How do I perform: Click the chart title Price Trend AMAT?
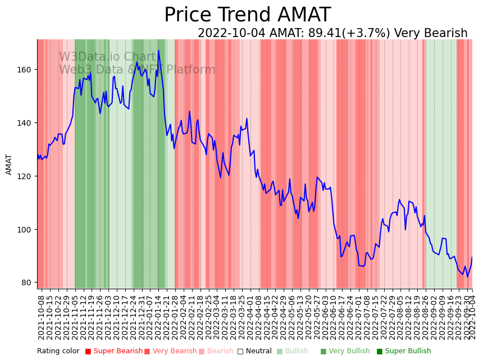click(x=247, y=15)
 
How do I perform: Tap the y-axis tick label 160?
click(x=25, y=70)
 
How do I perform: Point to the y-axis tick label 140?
click(x=25, y=123)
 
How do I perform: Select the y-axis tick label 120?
click(x=25, y=176)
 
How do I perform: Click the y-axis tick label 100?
click(x=25, y=230)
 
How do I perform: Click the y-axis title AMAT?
click(x=9, y=164)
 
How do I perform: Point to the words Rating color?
click(x=58, y=352)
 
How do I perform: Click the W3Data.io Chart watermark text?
click(x=107, y=57)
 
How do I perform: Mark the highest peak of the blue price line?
click(x=158, y=51)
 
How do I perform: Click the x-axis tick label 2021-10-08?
click(x=41, y=317)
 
